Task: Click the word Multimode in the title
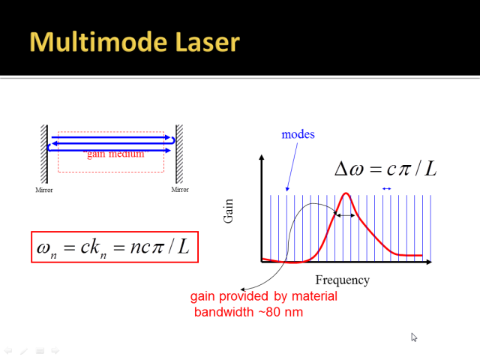click(98, 42)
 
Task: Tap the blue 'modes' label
click(298, 134)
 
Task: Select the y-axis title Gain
click(228, 211)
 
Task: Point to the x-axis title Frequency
click(343, 280)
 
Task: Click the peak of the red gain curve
click(346, 193)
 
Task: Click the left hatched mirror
click(44, 154)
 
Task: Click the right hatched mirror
click(179, 154)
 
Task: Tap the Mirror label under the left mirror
click(44, 190)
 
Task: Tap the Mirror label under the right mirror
click(180, 190)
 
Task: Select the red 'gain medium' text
click(115, 154)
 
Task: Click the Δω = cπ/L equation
click(385, 169)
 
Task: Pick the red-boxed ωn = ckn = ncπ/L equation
click(115, 247)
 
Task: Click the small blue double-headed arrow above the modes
click(387, 189)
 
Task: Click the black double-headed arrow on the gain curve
click(345, 215)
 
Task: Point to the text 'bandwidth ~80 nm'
click(248, 312)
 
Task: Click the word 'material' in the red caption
click(314, 296)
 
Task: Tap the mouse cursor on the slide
click(413, 337)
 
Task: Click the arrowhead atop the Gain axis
click(262, 157)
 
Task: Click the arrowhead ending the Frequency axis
click(429, 262)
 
